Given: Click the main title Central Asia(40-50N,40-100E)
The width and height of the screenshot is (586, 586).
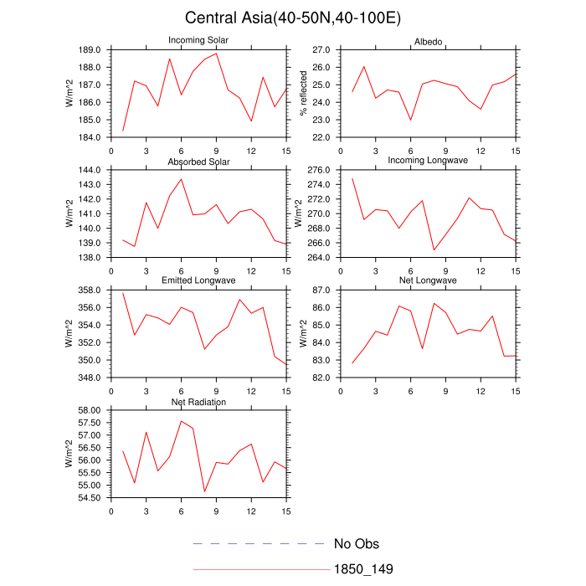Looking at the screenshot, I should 292,18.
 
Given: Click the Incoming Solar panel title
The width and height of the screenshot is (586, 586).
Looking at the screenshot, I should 199,40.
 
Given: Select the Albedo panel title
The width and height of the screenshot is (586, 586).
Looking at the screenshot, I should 428,42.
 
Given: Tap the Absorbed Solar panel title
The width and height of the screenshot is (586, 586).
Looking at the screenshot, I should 199,161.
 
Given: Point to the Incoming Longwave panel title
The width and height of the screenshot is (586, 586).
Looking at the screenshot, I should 428,161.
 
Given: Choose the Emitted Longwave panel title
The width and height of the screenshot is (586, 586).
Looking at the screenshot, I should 199,280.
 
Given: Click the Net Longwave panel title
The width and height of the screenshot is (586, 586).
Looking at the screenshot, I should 428,280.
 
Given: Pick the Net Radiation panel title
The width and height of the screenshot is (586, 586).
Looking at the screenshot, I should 199,402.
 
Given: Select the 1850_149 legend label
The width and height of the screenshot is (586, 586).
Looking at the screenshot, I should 364,569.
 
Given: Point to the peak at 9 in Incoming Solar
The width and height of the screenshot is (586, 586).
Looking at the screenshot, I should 217,54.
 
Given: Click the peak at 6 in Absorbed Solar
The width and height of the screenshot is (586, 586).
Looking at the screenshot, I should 182,178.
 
